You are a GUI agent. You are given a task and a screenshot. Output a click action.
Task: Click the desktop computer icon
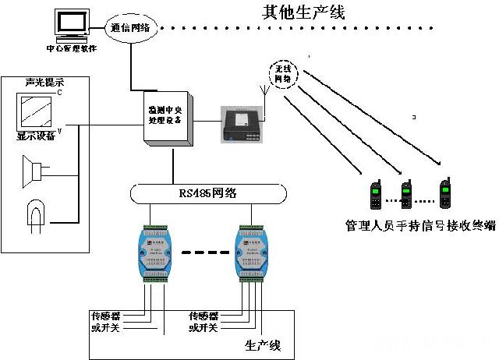(71, 25)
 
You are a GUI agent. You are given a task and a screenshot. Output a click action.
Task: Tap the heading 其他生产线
(303, 12)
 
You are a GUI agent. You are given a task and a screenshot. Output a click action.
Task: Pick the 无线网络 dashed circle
(285, 74)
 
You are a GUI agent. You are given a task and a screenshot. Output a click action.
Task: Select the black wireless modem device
(242, 121)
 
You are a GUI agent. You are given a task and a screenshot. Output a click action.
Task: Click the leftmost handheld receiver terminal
(375, 195)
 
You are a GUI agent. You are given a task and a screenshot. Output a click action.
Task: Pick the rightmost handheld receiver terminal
(446, 194)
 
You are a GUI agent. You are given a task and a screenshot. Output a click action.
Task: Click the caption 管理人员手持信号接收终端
(419, 226)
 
